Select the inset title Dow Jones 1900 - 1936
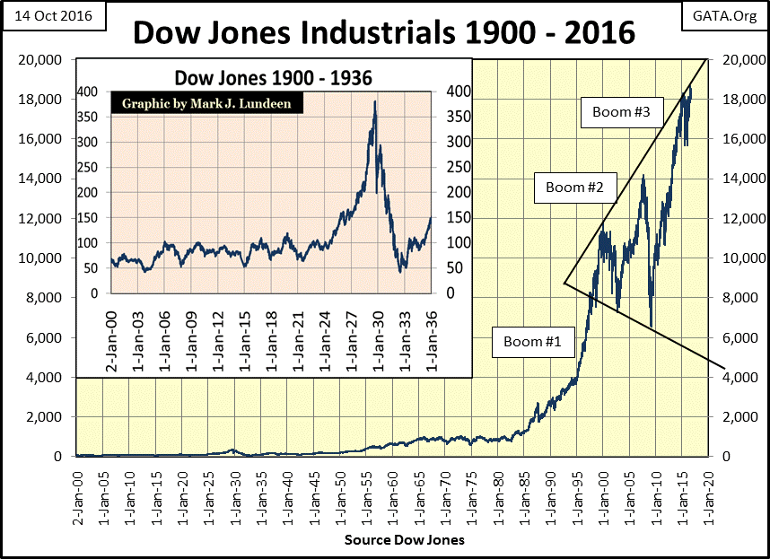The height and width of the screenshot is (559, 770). click(x=273, y=78)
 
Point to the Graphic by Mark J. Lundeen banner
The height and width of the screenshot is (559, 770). click(x=206, y=102)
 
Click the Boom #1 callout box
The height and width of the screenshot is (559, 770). click(x=533, y=342)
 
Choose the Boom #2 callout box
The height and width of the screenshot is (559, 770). click(x=575, y=188)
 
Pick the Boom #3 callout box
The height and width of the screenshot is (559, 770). click(x=627, y=113)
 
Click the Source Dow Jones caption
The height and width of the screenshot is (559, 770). click(x=404, y=541)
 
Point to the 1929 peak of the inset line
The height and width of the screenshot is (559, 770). click(x=374, y=102)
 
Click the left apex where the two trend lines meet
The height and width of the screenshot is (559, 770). click(x=564, y=284)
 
